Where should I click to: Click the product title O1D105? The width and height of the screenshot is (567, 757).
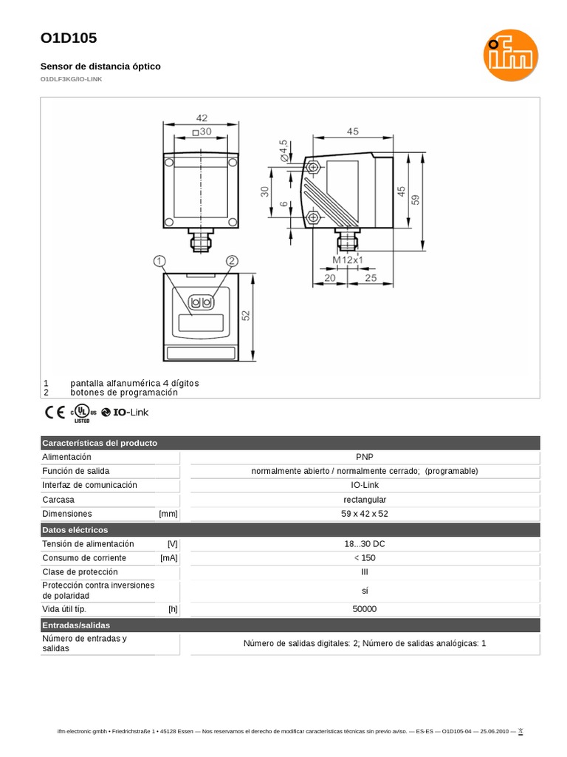pyautogui.click(x=68, y=38)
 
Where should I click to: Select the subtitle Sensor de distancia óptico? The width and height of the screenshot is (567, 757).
pyautogui.click(x=100, y=67)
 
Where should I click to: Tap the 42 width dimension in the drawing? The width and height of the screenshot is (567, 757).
pyautogui.click(x=202, y=118)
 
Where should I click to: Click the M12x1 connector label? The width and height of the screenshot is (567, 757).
pyautogui.click(x=348, y=260)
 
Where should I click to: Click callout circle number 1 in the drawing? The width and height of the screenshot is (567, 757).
pyautogui.click(x=159, y=261)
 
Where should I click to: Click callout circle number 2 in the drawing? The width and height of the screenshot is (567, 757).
pyautogui.click(x=232, y=261)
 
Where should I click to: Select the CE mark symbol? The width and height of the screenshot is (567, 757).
pyautogui.click(x=54, y=413)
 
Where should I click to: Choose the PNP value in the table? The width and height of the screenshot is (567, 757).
pyautogui.click(x=365, y=457)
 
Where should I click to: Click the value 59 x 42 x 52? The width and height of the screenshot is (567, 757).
pyautogui.click(x=365, y=513)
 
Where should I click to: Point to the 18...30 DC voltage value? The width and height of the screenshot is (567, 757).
pyautogui.click(x=365, y=544)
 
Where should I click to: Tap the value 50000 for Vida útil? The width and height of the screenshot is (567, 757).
pyautogui.click(x=365, y=609)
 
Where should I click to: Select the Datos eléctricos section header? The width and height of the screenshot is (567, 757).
pyautogui.click(x=75, y=530)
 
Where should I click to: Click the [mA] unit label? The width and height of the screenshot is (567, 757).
pyautogui.click(x=168, y=558)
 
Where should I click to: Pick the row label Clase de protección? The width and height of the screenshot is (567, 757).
pyautogui.click(x=80, y=572)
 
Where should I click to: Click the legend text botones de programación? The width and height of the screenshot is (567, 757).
pyautogui.click(x=124, y=393)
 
